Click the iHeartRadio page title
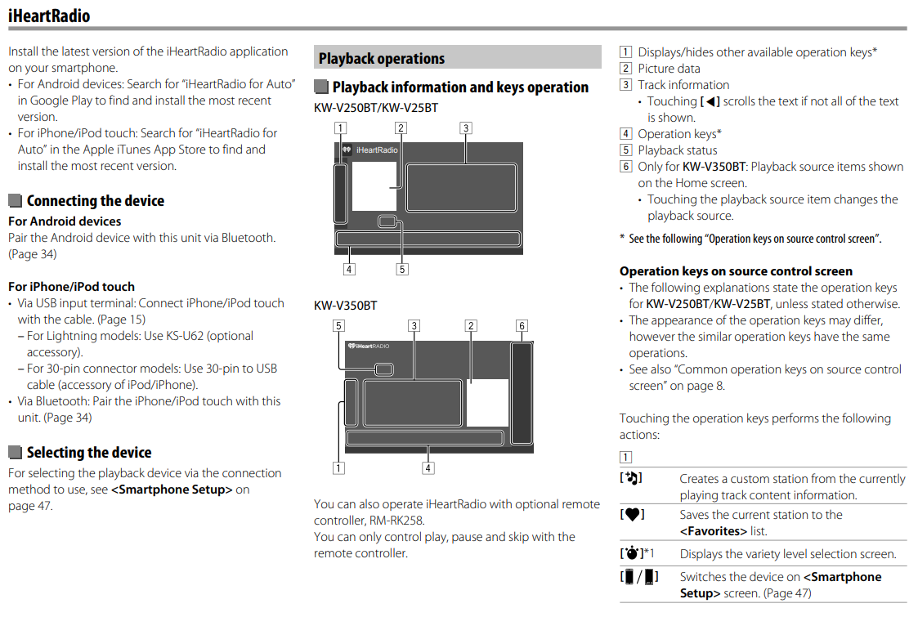(49, 16)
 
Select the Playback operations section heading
(382, 59)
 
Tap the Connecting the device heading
(95, 201)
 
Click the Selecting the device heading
(88, 453)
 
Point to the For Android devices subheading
(65, 221)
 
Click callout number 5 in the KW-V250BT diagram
(402, 269)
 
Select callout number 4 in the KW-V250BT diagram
(349, 269)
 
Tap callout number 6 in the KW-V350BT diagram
(522, 325)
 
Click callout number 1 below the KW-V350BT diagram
(338, 468)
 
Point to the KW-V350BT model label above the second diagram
(346, 306)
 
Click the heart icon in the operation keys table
(631, 515)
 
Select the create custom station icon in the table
(631, 479)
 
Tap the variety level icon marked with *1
(632, 554)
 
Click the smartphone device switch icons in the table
(639, 578)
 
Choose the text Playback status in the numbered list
(677, 150)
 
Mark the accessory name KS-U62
(209, 336)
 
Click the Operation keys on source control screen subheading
(736, 271)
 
